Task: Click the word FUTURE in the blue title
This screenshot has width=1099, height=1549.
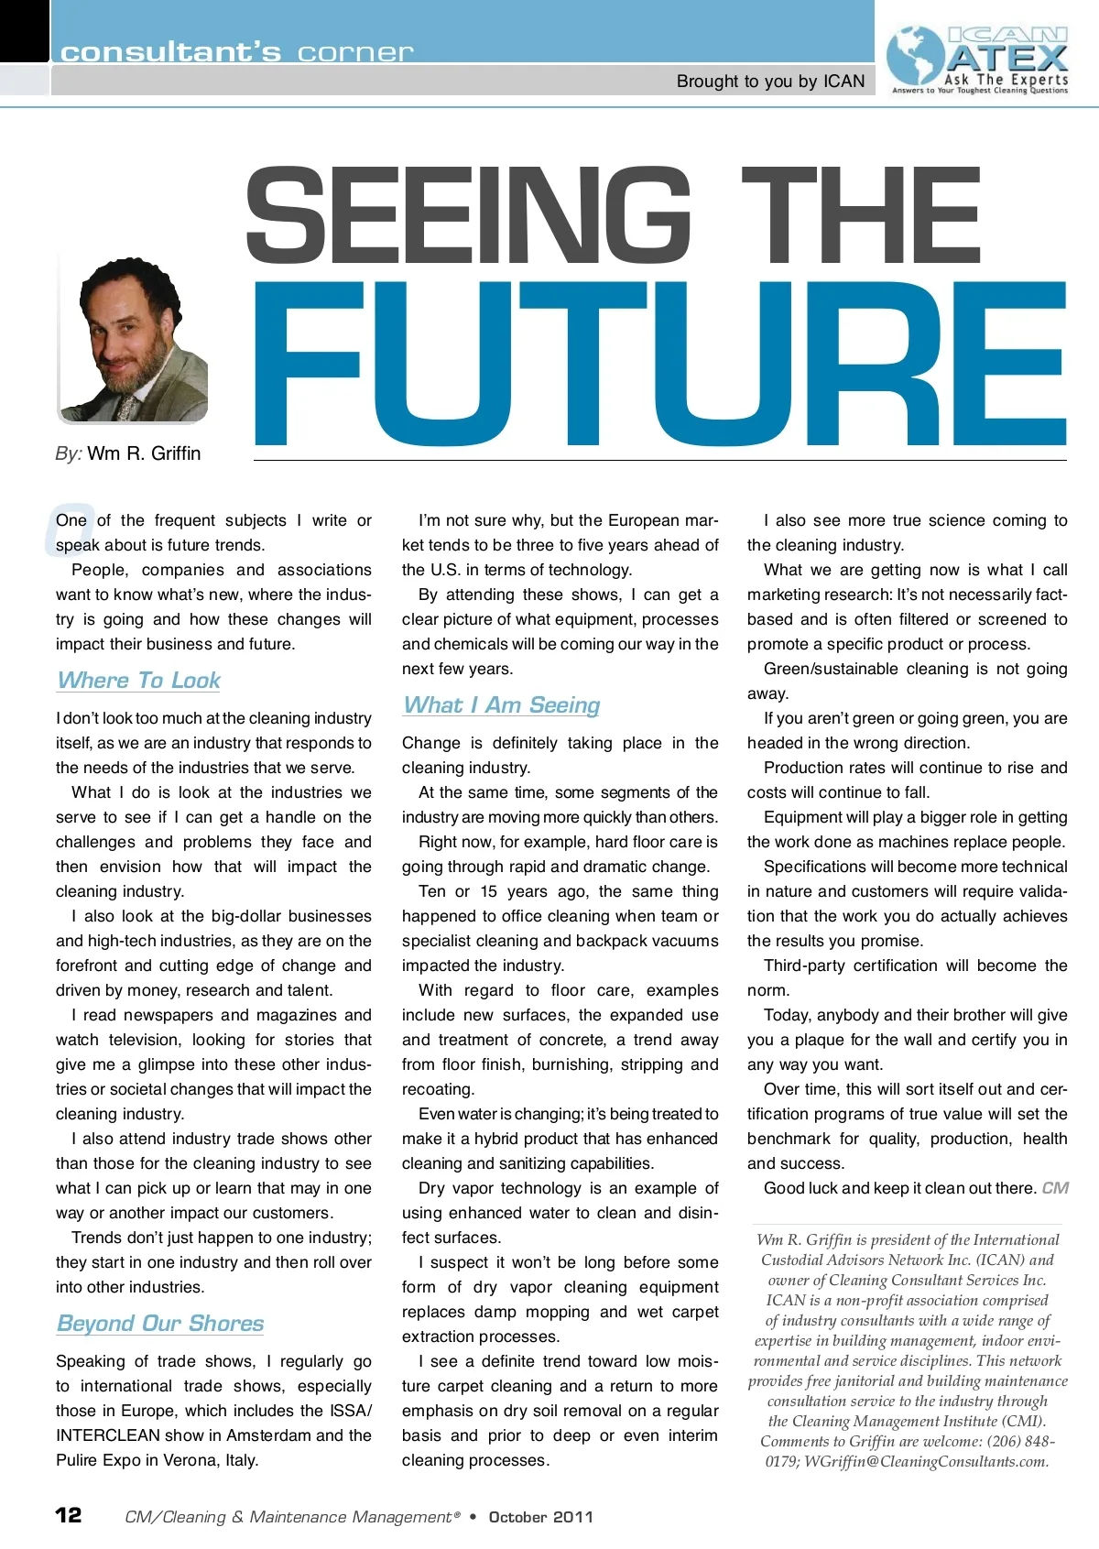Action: (x=659, y=365)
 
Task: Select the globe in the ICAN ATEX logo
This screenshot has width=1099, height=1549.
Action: (x=916, y=57)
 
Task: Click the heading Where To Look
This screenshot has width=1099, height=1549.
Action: (x=138, y=681)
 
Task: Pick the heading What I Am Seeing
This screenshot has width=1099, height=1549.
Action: (x=501, y=705)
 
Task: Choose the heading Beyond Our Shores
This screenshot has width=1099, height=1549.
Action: (x=159, y=1324)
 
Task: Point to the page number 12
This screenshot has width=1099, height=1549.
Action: (x=69, y=1515)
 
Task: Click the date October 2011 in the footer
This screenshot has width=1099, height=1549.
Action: (x=540, y=1517)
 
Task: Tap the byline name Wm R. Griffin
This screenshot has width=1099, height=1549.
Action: (x=144, y=453)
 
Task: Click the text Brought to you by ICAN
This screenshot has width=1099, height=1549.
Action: (x=770, y=82)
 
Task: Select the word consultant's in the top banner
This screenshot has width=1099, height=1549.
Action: (x=170, y=52)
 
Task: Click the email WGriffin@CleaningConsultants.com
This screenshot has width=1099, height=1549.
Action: (x=926, y=1462)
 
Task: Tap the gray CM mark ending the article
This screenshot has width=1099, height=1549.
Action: (x=1055, y=1188)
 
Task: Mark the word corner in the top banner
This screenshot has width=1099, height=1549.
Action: (x=355, y=52)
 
